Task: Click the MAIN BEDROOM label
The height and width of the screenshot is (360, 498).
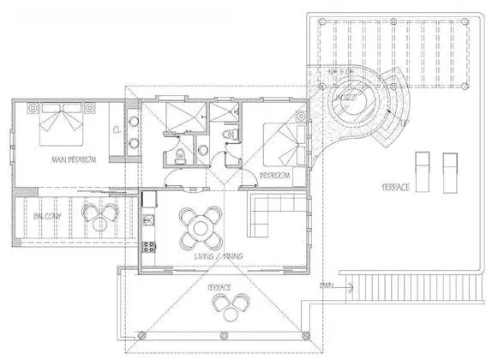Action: point(73,159)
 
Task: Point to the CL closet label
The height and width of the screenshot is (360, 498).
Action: point(116,130)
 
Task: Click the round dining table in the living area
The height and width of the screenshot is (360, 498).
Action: point(200,226)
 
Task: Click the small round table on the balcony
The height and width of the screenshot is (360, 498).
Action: point(100,215)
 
